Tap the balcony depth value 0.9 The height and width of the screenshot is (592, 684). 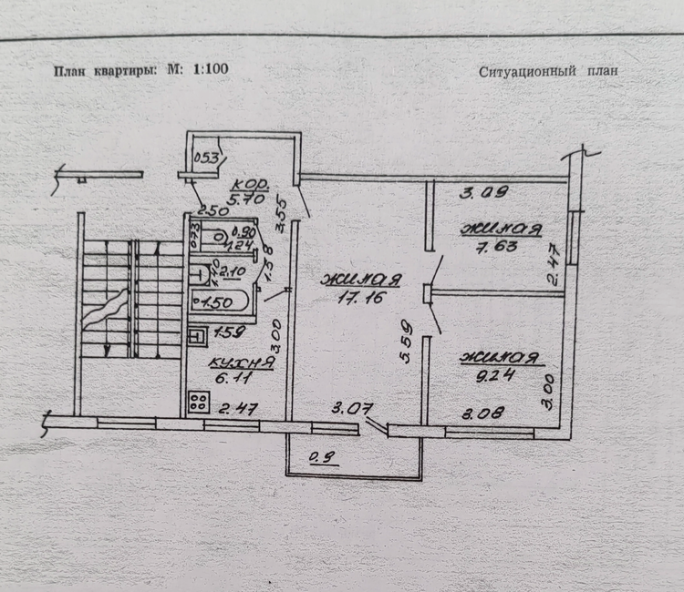[x=318, y=456]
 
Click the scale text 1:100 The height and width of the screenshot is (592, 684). [x=211, y=69]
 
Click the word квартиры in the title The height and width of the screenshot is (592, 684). [x=124, y=69]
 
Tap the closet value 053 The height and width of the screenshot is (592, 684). [x=208, y=158]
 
